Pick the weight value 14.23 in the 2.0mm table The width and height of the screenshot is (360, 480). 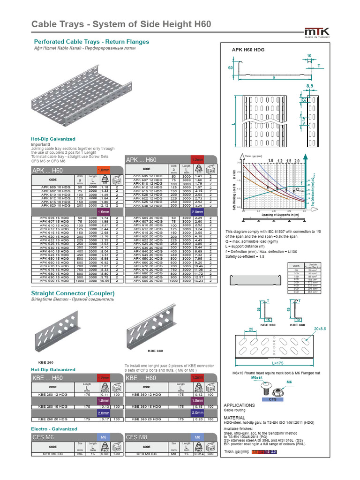[x=198, y=281]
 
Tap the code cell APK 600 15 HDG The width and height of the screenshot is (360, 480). [x=52, y=281]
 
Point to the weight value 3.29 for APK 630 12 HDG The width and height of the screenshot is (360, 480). [x=198, y=206]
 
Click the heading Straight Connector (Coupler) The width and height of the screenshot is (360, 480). [x=73, y=293]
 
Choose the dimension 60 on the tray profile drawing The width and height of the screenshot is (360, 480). [x=230, y=68]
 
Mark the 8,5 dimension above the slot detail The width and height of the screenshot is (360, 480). [x=309, y=86]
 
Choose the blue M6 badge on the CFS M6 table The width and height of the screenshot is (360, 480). [x=103, y=437]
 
